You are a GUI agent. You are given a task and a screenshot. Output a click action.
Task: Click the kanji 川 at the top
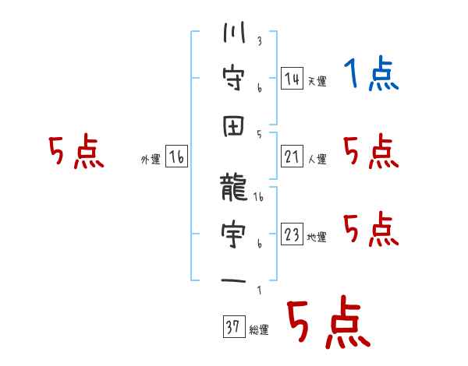(x=234, y=32)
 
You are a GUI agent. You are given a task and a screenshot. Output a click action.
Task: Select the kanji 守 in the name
(x=234, y=78)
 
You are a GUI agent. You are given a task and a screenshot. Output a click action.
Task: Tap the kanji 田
(x=234, y=126)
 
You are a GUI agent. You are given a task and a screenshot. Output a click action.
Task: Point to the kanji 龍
(x=234, y=188)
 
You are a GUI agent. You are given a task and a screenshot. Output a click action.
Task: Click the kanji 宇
(x=234, y=234)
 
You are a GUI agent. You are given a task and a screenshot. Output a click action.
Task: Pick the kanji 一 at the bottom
(x=234, y=281)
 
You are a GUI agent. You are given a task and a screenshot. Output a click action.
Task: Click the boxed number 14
(x=292, y=79)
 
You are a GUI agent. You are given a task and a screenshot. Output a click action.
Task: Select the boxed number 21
(x=292, y=157)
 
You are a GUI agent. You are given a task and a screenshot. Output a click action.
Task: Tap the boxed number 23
(x=292, y=234)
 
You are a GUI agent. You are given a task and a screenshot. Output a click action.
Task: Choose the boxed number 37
(x=234, y=326)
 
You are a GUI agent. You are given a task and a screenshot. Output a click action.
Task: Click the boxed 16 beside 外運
(x=176, y=157)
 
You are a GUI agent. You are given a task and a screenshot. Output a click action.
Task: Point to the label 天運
(x=317, y=81)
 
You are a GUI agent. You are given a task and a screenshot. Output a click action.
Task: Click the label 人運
(x=317, y=159)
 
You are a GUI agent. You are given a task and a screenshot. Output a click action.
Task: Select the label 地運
(x=317, y=237)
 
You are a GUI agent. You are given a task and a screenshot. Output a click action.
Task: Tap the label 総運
(x=259, y=329)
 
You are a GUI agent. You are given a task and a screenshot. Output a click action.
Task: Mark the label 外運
(x=151, y=159)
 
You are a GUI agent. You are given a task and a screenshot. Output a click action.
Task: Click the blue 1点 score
(x=371, y=73)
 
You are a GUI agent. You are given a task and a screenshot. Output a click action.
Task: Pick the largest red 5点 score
(x=329, y=322)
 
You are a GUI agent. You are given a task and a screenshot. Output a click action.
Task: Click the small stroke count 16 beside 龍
(x=258, y=197)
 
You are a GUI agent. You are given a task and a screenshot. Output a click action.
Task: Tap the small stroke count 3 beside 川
(x=260, y=41)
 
